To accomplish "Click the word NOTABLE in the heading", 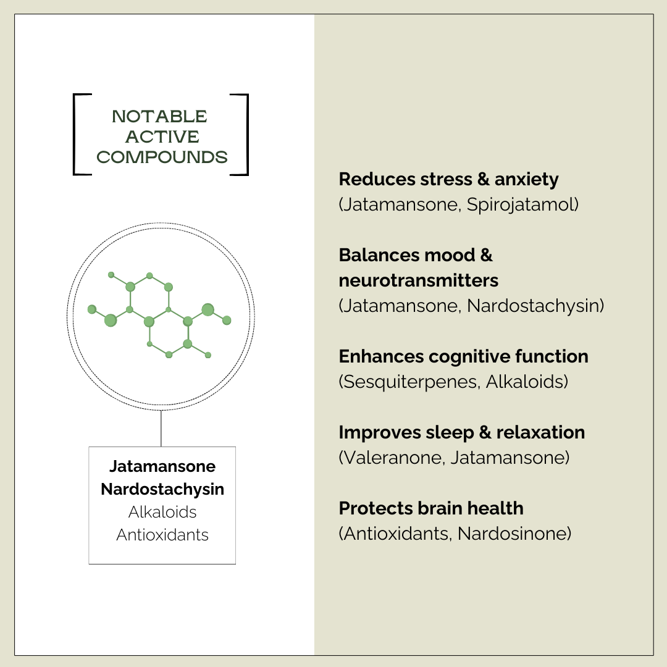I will [x=160, y=116].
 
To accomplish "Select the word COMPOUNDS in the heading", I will [x=162, y=157].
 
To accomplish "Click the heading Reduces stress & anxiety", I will [x=448, y=179].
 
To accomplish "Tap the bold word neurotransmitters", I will [x=418, y=280].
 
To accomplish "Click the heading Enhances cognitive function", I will [x=463, y=356].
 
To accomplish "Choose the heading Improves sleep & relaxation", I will [x=461, y=432].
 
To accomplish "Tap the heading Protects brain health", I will [x=430, y=508].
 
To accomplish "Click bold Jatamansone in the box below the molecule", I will [x=162, y=466].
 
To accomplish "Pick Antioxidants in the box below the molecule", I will [x=162, y=535].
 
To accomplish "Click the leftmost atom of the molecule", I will [x=92, y=309].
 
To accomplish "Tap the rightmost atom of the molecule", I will [x=227, y=320].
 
